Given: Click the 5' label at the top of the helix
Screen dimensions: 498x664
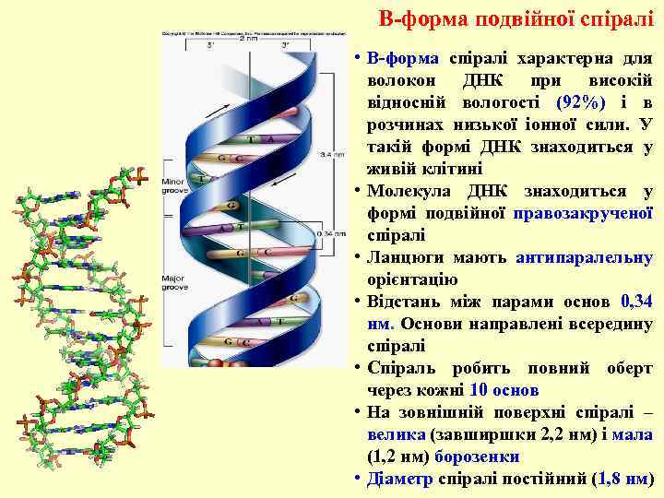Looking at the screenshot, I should [210, 46].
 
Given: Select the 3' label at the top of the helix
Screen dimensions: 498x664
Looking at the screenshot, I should [285, 46].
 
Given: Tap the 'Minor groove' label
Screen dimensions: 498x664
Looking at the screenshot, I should [174, 186].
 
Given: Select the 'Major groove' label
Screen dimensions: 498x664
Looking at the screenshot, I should [174, 282].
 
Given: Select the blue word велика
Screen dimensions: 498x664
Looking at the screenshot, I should [396, 434].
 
